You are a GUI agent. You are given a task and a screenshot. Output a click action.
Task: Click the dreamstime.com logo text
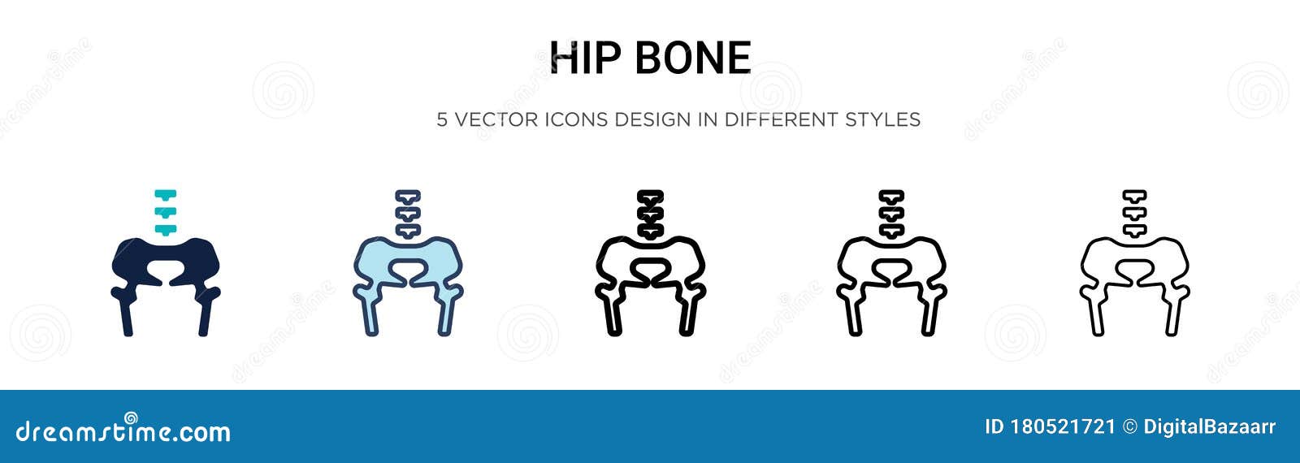[123, 431]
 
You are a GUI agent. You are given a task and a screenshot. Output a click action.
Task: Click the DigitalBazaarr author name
[1209, 427]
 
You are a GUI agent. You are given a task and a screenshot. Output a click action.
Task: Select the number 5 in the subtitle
[442, 119]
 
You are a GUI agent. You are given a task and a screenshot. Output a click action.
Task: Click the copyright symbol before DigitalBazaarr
[1130, 427]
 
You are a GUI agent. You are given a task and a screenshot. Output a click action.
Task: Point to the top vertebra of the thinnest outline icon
[1134, 196]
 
